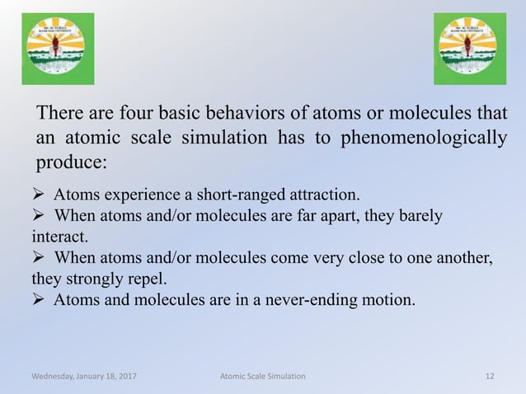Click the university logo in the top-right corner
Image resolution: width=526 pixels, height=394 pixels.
click(470, 49)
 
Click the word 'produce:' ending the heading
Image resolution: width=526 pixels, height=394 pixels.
click(70, 162)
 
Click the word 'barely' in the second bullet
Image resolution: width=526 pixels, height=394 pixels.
click(420, 217)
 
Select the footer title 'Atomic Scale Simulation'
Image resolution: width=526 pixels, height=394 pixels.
click(263, 376)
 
